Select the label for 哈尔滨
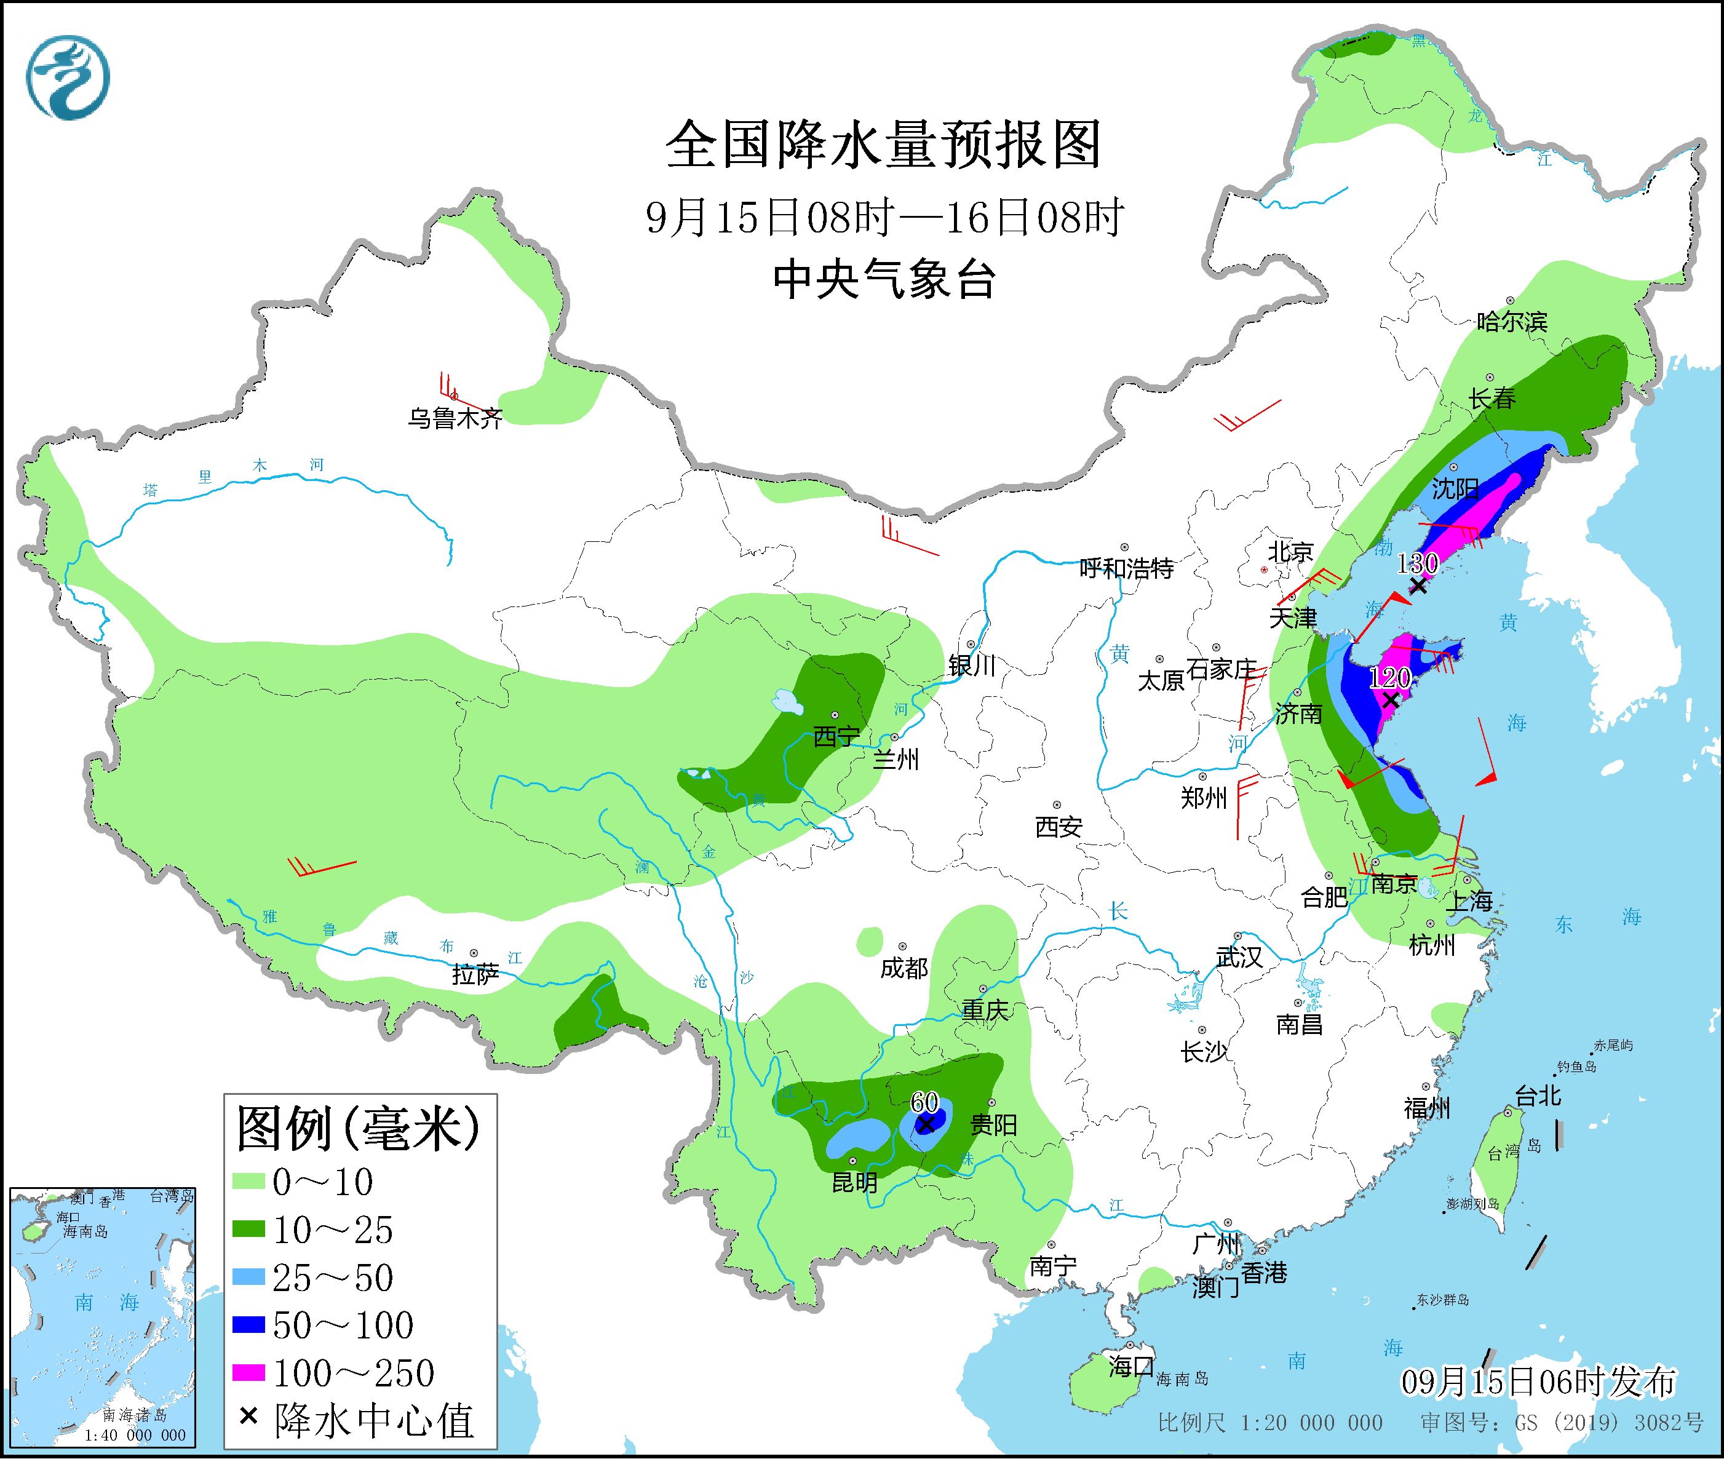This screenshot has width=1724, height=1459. [x=1511, y=322]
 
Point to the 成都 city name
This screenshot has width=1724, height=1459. [x=904, y=968]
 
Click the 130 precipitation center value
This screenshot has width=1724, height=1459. [x=1417, y=563]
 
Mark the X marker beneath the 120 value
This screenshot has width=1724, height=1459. [x=1391, y=701]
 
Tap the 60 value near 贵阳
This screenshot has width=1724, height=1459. [x=924, y=1102]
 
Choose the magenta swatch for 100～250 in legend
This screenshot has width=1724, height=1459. [x=248, y=1374]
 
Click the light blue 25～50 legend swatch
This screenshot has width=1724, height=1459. [x=248, y=1279]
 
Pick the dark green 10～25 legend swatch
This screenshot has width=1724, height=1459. [x=248, y=1231]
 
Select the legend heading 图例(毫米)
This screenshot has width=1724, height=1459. [x=358, y=1129]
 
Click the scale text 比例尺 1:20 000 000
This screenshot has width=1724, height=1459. [x=1269, y=1423]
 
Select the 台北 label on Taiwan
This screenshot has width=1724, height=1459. [x=1538, y=1096]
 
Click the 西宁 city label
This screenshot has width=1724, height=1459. [x=836, y=736]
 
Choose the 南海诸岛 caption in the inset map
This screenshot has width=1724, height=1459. [x=135, y=1417]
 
